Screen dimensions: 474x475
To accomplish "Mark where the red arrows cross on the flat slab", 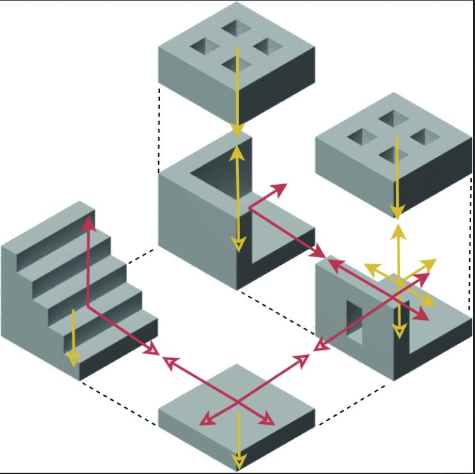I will [x=238, y=402].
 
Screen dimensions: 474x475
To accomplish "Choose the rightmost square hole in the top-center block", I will [x=269, y=45].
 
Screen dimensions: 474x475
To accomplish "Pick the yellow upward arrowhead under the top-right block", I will [x=398, y=227].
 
